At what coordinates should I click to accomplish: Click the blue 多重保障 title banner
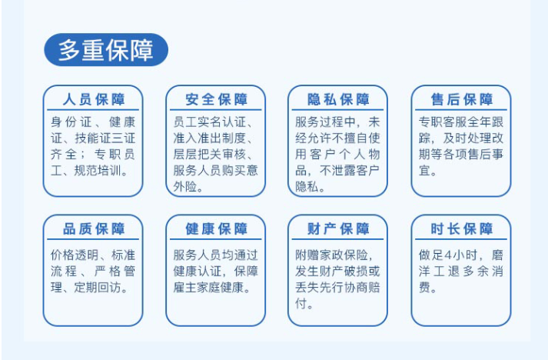point(106,49)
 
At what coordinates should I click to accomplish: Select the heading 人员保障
point(93,99)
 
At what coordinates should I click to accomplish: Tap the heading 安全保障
point(216,99)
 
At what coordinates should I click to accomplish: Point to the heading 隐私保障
point(338,99)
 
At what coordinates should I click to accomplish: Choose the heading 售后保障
point(461,99)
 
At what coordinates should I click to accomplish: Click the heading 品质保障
point(93,229)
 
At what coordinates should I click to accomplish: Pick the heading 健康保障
point(216,229)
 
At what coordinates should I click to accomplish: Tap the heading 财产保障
point(338,229)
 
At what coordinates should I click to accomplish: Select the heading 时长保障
point(461,229)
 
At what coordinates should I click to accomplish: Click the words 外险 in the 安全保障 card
point(185,187)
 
